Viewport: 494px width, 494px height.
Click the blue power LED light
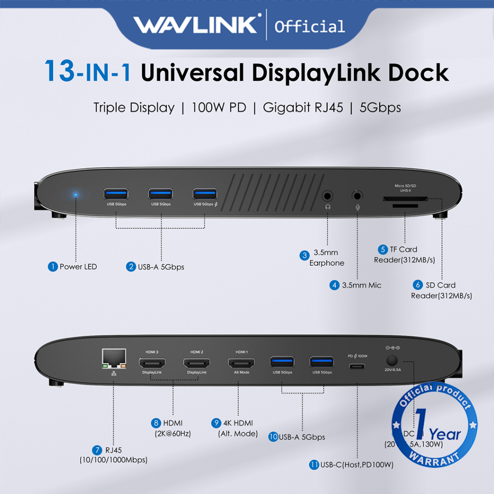tap(76, 195)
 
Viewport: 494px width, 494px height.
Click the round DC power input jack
tap(392, 360)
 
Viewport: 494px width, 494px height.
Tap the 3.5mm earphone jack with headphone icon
tap(328, 196)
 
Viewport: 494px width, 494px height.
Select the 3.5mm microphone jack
tap(357, 196)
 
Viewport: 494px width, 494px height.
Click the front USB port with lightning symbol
tap(205, 194)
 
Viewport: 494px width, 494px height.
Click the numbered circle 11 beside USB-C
tap(315, 465)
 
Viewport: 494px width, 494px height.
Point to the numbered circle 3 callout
tap(304, 255)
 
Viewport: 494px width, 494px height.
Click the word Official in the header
tap(309, 26)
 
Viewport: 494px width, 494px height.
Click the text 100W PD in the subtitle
tap(219, 107)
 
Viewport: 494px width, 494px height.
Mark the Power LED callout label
tap(78, 267)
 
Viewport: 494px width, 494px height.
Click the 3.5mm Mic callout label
tap(361, 285)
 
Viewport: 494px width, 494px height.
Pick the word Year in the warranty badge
tap(445, 434)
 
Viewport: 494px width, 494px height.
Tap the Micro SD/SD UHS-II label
tap(398, 188)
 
